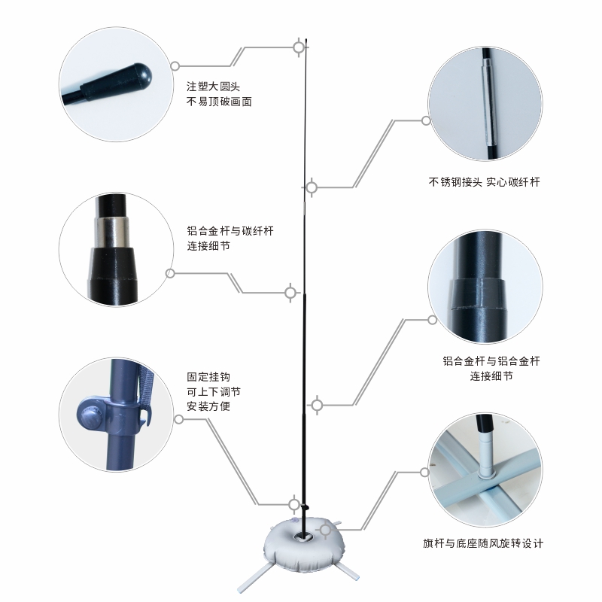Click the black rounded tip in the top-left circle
pos(139,76)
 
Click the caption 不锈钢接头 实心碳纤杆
pos(485,181)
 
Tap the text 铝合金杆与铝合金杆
pos(491,360)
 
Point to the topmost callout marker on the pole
pos(299,47)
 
